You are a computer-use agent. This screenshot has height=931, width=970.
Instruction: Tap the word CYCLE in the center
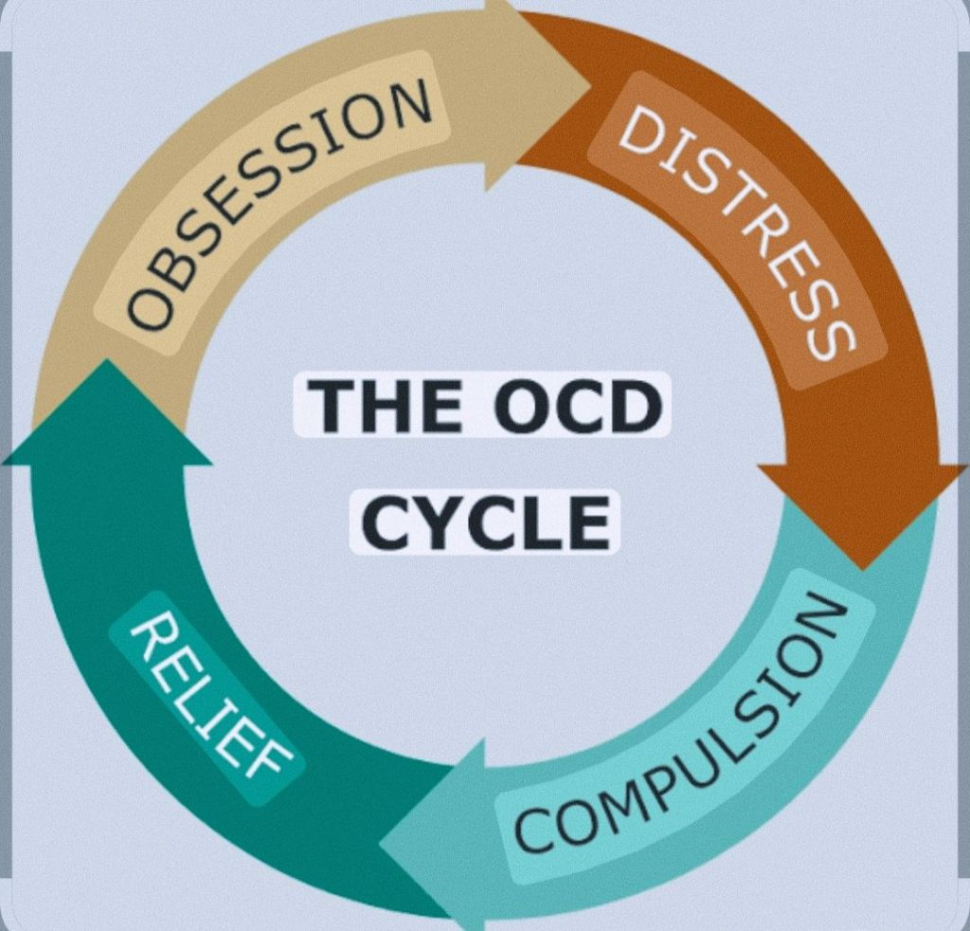coord(485,521)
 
